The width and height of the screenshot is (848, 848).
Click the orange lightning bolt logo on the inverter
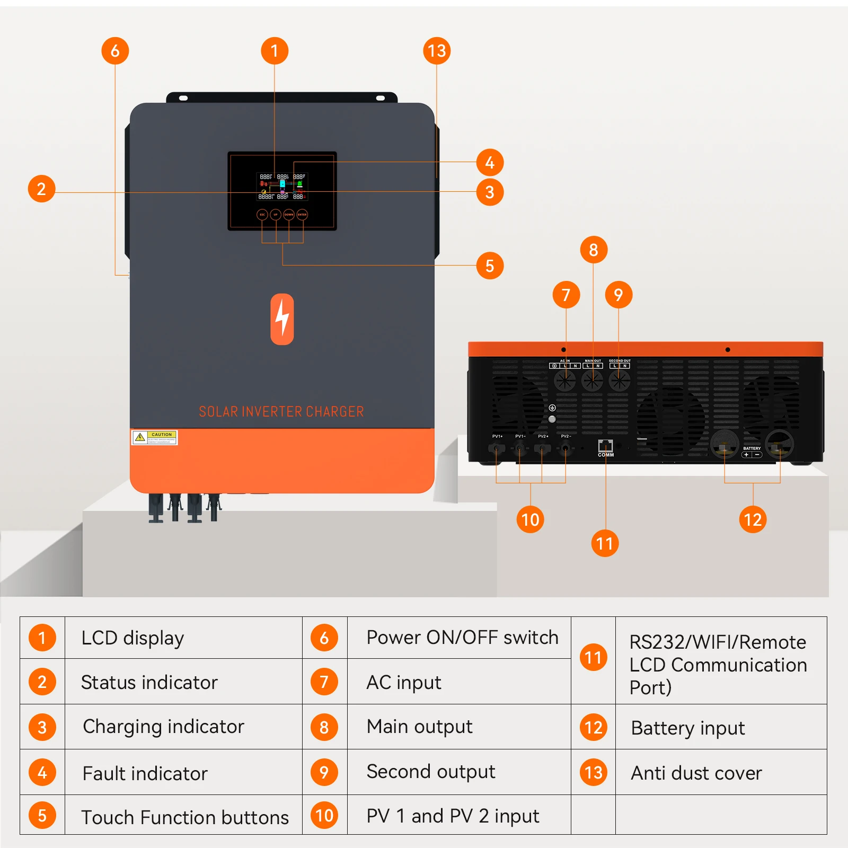[282, 319]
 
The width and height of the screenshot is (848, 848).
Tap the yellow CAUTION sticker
[154, 437]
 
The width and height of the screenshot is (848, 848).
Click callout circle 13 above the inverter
[437, 51]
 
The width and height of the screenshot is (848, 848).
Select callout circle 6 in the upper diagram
[115, 51]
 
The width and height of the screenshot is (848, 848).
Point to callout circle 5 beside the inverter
[490, 266]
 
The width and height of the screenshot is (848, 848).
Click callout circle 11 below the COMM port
[605, 543]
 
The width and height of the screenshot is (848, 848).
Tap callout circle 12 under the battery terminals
[753, 519]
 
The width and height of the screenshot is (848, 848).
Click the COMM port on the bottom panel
[605, 446]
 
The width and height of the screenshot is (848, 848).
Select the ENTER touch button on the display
[302, 215]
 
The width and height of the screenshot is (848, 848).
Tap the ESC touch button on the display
[262, 215]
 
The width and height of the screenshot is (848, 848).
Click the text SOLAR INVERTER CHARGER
[281, 412]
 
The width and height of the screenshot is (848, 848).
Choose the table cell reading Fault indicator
[145, 773]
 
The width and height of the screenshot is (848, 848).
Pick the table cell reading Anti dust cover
[696, 773]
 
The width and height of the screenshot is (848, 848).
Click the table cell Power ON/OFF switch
[462, 637]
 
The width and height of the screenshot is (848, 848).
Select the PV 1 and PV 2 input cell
[453, 816]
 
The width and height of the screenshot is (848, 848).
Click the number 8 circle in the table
[324, 727]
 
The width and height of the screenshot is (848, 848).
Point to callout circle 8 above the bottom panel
[594, 250]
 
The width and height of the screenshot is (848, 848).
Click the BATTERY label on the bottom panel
[752, 448]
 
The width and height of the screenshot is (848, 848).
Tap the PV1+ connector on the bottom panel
[497, 448]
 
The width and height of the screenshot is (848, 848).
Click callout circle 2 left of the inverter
[41, 189]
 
